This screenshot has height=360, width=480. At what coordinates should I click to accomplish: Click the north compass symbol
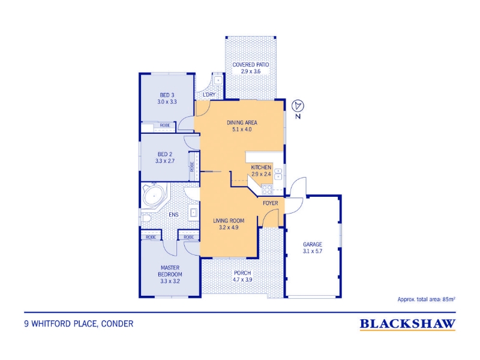[298, 106]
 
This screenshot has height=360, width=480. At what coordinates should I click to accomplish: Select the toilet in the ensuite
[145, 218]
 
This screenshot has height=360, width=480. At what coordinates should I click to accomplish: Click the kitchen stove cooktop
[267, 190]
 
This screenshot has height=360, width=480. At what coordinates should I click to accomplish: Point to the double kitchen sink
[278, 173]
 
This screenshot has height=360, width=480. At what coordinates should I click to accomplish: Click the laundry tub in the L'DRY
[218, 80]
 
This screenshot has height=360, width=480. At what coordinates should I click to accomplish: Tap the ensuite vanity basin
[193, 212]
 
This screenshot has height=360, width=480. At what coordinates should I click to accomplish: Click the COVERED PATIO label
[251, 65]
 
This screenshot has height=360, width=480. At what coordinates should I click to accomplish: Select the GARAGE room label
[313, 244]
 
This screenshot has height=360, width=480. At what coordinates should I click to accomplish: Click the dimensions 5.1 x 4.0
[242, 129]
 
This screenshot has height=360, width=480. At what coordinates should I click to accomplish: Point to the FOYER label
[271, 203]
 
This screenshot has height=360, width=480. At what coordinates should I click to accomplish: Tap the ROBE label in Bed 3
[165, 125]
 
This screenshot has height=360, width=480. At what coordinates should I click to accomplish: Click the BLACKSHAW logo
[407, 324]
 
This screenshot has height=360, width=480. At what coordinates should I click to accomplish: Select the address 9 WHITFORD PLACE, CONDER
[79, 324]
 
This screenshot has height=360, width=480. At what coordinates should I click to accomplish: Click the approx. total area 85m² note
[426, 299]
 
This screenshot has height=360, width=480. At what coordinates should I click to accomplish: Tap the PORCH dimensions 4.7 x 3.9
[242, 280]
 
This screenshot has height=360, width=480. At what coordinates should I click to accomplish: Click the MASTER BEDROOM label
[170, 271]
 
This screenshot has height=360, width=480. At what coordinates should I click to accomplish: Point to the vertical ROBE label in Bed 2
[192, 167]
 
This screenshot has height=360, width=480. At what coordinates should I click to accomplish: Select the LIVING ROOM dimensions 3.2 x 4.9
[229, 227]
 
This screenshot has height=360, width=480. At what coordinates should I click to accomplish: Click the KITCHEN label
[261, 167]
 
